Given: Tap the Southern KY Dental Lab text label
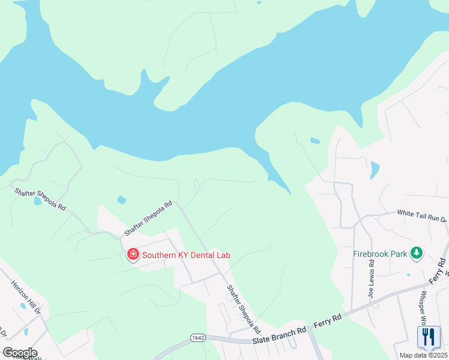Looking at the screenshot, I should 186,255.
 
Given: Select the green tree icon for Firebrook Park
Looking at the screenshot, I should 416,253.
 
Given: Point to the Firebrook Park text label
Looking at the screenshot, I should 380,253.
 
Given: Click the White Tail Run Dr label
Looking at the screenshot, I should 423,215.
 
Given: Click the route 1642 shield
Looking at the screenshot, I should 198,338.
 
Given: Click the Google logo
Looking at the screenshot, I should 20,352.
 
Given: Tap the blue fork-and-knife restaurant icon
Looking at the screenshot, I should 429,337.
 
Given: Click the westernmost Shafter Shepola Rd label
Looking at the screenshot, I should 40,199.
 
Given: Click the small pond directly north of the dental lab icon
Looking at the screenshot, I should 122,199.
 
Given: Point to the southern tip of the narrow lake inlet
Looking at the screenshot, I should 289,193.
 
